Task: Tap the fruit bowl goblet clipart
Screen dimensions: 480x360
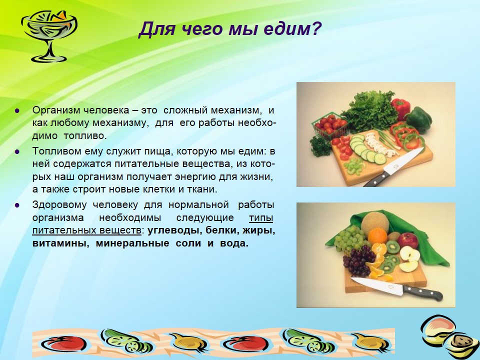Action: click(48, 35)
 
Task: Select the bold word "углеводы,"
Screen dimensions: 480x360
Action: click(173, 231)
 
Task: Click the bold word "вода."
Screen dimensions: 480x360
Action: click(234, 243)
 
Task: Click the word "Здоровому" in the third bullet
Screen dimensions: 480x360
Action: click(59, 205)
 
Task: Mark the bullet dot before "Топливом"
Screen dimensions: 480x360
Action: click(17, 151)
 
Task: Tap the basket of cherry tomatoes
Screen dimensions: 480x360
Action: click(329, 125)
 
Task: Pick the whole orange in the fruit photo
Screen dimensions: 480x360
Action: click(377, 236)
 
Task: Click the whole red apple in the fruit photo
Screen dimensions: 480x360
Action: click(407, 240)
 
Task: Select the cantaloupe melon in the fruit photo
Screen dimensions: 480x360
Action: click(374, 224)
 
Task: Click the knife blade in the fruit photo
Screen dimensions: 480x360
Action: click(377, 285)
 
